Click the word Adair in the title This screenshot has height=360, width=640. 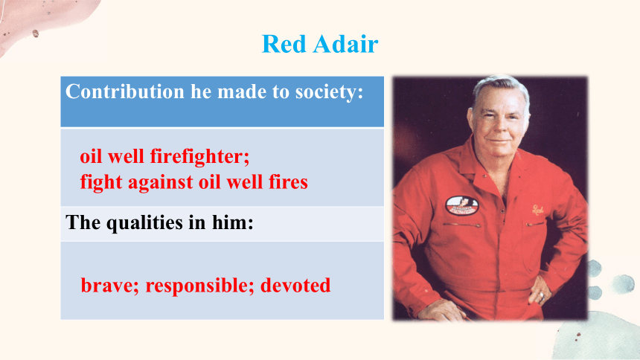[x=346, y=44]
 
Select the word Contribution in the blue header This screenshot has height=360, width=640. [x=125, y=91]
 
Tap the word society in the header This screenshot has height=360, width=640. [x=330, y=92]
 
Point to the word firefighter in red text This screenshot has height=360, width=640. [x=199, y=156]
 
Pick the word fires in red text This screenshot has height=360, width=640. [x=288, y=181]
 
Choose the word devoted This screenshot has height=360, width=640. [x=295, y=286]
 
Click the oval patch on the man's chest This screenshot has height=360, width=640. [x=462, y=205]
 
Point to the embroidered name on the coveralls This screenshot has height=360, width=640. [x=537, y=210]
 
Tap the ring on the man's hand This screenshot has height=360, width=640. [x=541, y=295]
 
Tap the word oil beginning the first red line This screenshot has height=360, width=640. [x=90, y=156]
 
